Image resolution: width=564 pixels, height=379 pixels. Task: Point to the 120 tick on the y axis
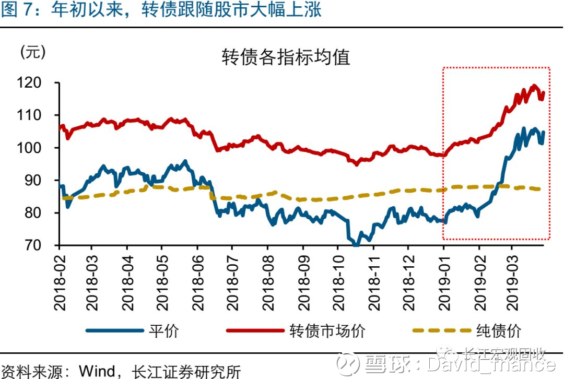pos(39,83)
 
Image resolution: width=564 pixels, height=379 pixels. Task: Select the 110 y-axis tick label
pos(39,115)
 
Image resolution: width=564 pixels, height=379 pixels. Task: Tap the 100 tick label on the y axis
pos(39,148)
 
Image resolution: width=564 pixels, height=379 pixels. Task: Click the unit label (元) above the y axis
pos(33,52)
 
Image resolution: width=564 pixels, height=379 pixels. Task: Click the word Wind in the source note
pos(97,371)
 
